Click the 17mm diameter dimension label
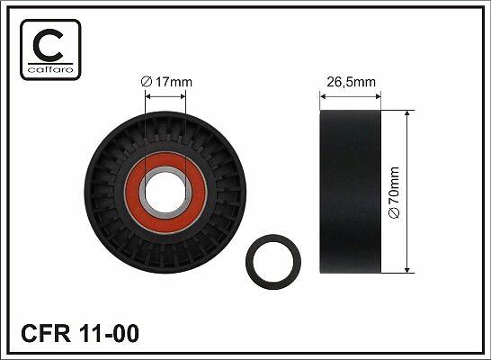click(x=166, y=82)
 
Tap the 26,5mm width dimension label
click(x=351, y=82)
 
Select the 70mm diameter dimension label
click(x=394, y=192)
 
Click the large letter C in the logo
click(x=48, y=45)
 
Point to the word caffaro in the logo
click(x=50, y=69)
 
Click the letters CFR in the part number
click(x=46, y=333)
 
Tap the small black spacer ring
click(x=249, y=262)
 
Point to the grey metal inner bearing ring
click(x=142, y=193)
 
